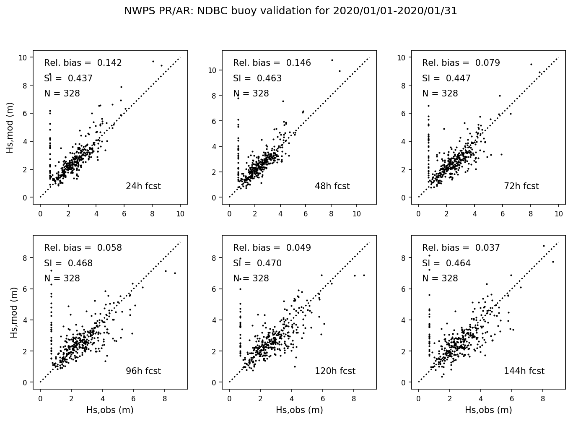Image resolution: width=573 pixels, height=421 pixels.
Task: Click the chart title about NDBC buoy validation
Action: [290, 11]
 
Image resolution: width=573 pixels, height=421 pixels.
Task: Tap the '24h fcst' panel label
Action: [143, 186]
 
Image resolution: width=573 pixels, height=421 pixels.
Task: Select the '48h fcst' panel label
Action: [332, 186]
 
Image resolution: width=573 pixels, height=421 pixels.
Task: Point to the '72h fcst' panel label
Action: [521, 186]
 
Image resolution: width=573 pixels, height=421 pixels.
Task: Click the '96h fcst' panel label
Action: [143, 371]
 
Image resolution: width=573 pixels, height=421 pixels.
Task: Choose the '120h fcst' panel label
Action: [335, 371]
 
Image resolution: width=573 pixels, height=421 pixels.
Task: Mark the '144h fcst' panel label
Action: [524, 371]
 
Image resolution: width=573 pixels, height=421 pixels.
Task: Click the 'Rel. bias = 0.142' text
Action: [83, 63]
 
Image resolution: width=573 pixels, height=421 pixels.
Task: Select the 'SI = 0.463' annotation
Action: [257, 78]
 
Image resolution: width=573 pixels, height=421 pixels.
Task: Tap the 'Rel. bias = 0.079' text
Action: [461, 63]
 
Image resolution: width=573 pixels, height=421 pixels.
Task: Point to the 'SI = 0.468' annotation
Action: [68, 263]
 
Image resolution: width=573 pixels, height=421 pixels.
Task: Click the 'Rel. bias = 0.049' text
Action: [272, 248]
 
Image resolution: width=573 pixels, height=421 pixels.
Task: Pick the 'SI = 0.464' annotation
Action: [446, 263]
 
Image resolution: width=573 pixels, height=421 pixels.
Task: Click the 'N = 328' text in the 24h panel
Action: [62, 94]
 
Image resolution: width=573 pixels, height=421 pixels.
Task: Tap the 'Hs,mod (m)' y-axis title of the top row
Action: [10, 127]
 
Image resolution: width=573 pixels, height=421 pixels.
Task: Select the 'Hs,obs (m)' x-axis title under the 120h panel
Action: [299, 410]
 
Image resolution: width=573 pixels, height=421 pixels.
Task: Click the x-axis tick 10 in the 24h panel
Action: [180, 213]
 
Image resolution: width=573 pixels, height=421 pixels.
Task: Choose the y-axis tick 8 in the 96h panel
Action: [25, 258]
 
